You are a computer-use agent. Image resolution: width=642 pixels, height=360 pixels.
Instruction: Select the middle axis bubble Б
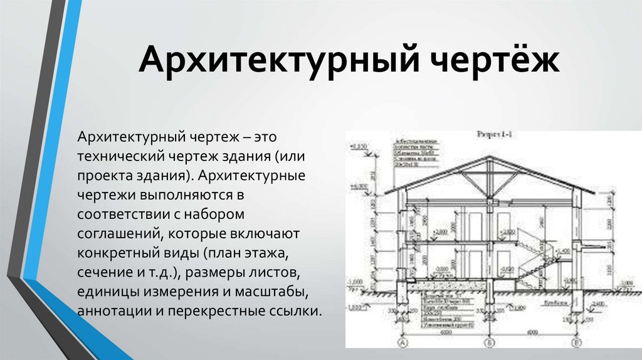(490, 344)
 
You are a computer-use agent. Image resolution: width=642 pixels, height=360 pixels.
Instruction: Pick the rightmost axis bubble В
(577, 344)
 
